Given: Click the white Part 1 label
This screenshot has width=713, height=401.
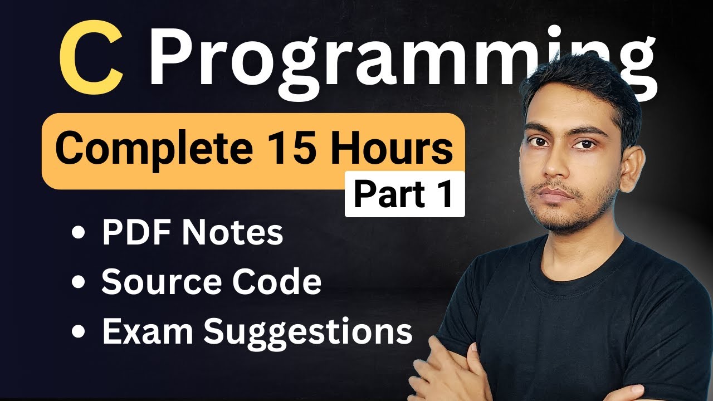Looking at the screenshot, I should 404,194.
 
